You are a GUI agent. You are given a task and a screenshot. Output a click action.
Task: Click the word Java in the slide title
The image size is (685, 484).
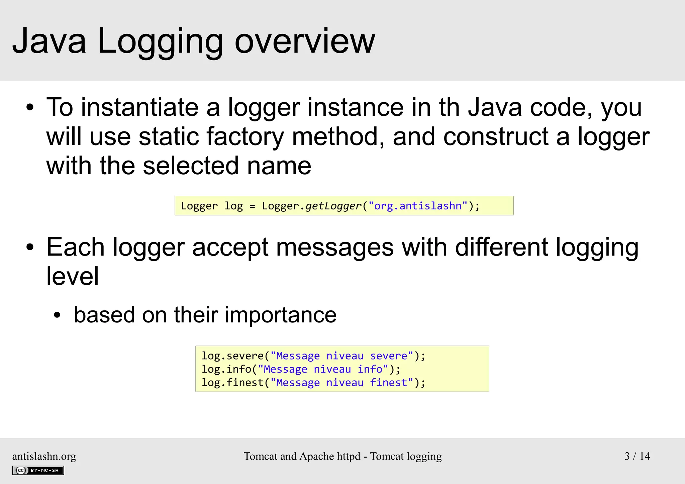tap(49, 41)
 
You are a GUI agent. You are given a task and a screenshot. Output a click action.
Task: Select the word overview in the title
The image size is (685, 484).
tap(305, 41)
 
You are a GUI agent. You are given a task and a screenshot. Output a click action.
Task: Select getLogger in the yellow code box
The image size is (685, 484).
tap(333, 206)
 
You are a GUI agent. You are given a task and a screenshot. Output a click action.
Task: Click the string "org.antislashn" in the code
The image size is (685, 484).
tap(417, 206)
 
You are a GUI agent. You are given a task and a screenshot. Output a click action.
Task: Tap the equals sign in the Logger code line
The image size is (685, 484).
tap(252, 206)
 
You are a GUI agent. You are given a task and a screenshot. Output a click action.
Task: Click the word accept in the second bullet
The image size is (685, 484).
tap(230, 248)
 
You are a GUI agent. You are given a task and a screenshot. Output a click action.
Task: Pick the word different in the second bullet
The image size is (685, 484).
tap(501, 248)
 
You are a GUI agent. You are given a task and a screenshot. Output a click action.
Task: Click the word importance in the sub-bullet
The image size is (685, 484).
tap(280, 315)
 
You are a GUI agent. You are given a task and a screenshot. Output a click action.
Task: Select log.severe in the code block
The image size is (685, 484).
tap(232, 356)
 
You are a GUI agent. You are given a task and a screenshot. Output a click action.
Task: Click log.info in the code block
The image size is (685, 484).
tap(226, 369)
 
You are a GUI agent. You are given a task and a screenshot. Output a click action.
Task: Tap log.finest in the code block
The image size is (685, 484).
tap(232, 382)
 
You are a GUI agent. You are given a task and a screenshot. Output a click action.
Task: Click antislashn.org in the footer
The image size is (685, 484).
tap(44, 456)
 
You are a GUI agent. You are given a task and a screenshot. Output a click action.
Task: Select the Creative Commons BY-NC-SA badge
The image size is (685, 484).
tap(38, 470)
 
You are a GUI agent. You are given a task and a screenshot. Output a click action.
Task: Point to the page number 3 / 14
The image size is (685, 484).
tap(637, 456)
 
